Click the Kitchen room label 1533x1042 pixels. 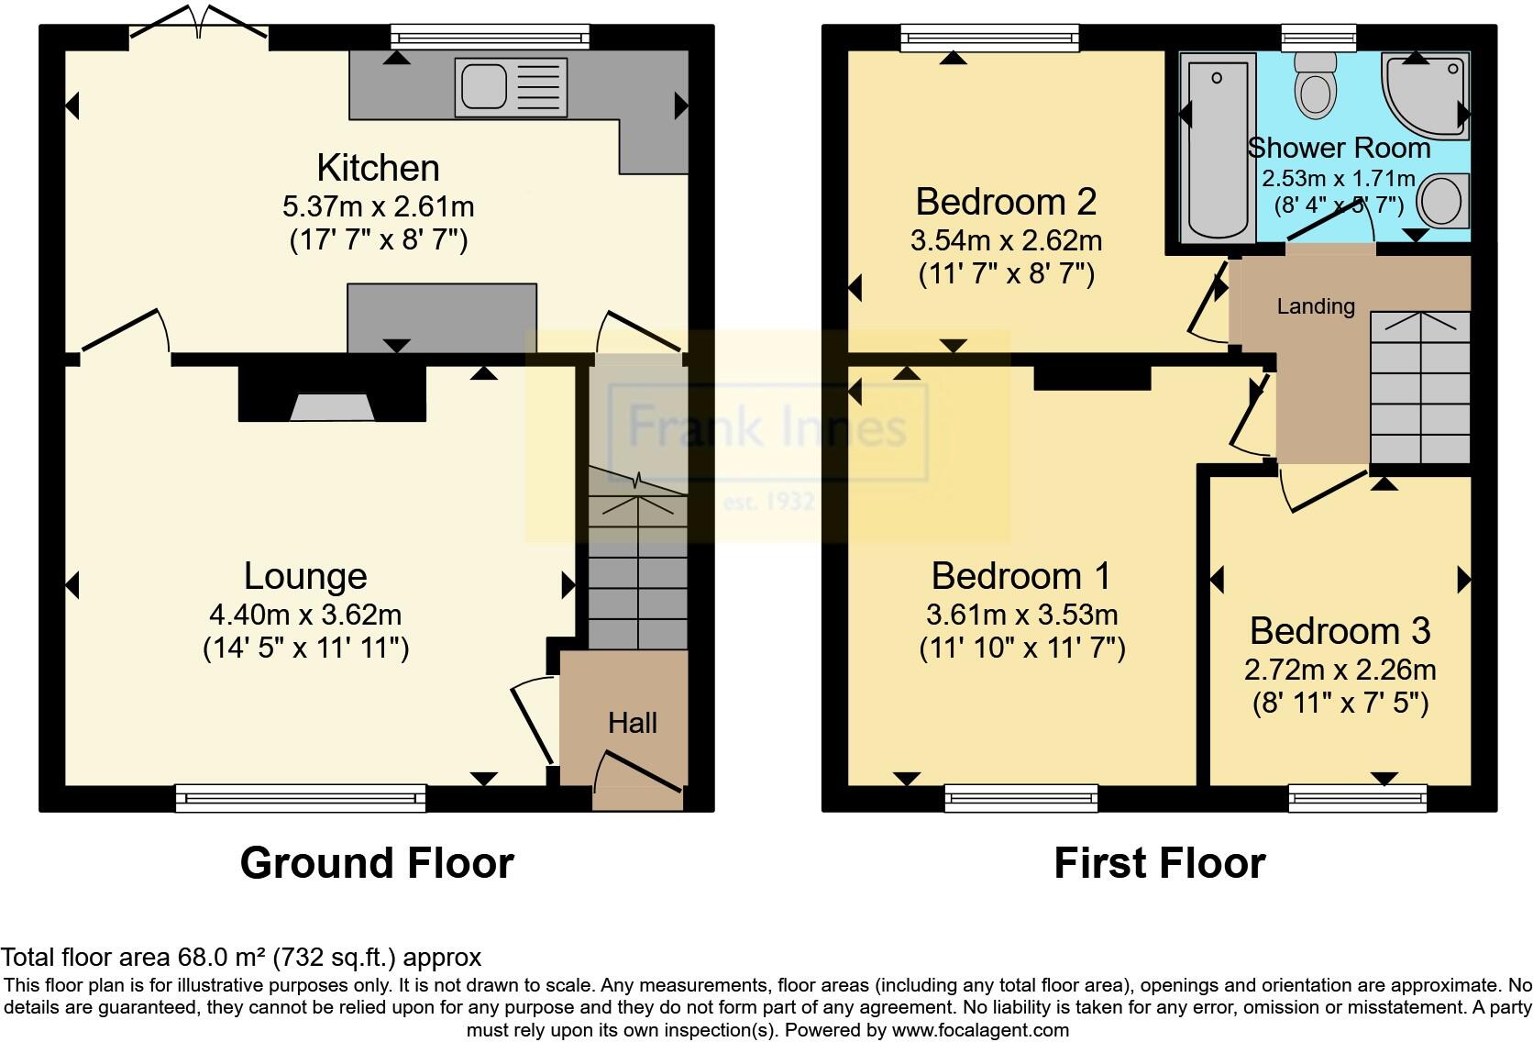378,169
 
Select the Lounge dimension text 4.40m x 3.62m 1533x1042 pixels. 305,614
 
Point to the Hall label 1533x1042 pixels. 632,723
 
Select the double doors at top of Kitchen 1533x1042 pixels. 199,23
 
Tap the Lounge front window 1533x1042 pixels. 301,798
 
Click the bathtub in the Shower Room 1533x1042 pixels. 1217,147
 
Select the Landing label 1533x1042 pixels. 1316,306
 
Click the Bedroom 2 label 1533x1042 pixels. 1006,201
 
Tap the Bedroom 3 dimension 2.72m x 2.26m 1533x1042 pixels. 1340,670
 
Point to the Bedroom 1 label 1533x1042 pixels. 1020,576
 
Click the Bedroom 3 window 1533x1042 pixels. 1357,798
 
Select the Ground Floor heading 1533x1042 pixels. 377,863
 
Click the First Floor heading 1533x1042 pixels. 1159,863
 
